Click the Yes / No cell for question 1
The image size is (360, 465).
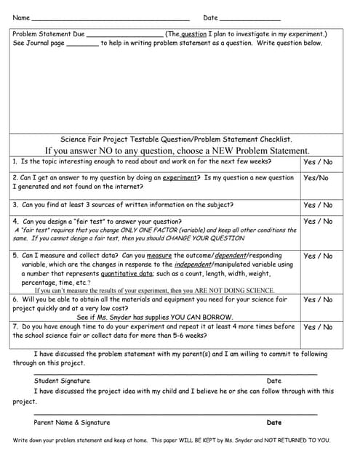(x=318, y=162)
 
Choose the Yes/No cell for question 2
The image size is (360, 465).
(x=316, y=178)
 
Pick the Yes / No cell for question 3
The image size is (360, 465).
(x=318, y=206)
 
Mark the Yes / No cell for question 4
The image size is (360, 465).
(x=318, y=222)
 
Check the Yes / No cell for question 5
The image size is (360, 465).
(x=318, y=256)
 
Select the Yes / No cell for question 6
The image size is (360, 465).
(x=318, y=300)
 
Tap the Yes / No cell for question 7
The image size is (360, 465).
(x=318, y=328)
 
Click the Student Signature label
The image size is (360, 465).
(x=62, y=381)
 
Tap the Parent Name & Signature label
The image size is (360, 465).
(x=72, y=422)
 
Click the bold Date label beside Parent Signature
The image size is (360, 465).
(x=274, y=422)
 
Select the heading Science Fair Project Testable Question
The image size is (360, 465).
(x=176, y=139)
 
